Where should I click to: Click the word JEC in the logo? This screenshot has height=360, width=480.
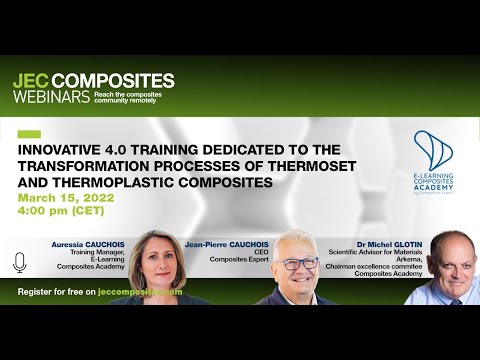[30, 81]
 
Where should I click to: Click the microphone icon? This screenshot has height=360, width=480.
[19, 262]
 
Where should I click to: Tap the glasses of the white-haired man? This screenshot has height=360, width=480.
[300, 263]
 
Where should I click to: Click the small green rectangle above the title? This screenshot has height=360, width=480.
[29, 134]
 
